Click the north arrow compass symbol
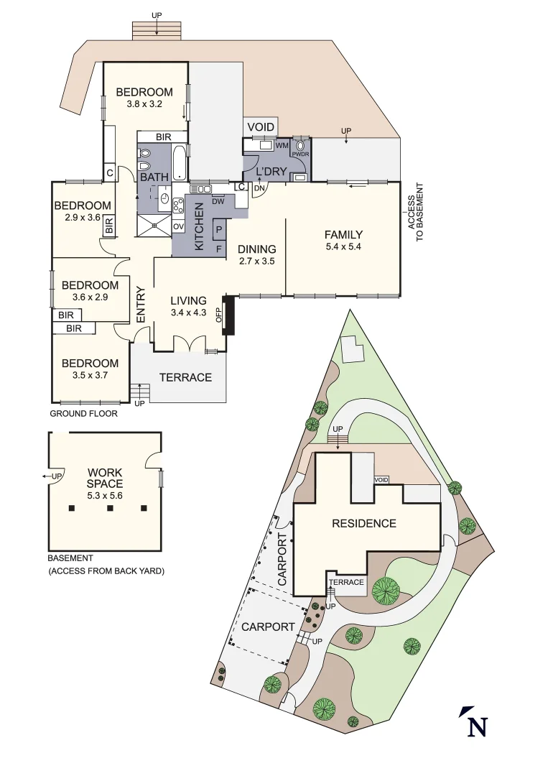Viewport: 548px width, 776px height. click(474, 721)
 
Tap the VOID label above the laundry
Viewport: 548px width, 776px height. click(261, 127)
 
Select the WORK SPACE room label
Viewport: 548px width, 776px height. click(105, 479)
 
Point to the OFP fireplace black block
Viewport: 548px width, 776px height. click(228, 316)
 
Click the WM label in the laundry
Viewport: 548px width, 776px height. click(282, 145)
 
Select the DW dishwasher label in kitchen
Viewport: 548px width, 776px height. click(218, 201)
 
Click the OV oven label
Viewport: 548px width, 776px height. click(178, 226)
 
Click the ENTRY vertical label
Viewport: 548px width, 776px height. click(141, 305)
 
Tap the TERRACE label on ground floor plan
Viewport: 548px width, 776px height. click(185, 377)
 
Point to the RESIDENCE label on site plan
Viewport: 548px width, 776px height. click(363, 523)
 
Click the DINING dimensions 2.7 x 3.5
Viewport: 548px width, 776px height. click(257, 261)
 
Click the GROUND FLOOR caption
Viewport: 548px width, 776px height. click(83, 414)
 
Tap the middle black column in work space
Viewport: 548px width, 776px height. click(109, 509)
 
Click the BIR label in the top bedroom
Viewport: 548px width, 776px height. click(163, 137)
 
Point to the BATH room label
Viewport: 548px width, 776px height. click(154, 177)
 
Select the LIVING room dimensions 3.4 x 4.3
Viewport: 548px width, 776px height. click(188, 313)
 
